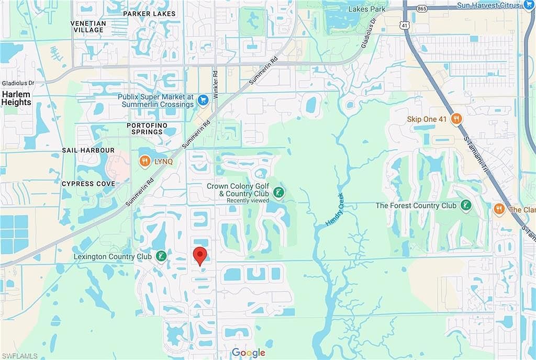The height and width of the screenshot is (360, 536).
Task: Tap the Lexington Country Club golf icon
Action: [x=162, y=256]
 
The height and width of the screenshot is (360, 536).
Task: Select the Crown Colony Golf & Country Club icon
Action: [x=280, y=194]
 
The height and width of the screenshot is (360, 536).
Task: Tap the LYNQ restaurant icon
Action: [x=144, y=162]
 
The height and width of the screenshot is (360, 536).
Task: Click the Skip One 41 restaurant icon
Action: [x=456, y=119]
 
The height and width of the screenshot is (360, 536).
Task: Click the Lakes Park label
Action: [x=368, y=9]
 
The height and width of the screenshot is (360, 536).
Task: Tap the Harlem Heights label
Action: [x=16, y=98]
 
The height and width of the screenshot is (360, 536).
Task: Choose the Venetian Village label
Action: [x=88, y=27]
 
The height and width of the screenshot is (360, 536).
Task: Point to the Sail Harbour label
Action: [x=88, y=150]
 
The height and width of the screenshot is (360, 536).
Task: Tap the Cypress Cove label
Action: [x=88, y=184]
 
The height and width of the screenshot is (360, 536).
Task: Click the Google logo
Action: [x=249, y=352]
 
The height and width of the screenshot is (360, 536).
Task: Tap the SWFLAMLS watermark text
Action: [x=19, y=356]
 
